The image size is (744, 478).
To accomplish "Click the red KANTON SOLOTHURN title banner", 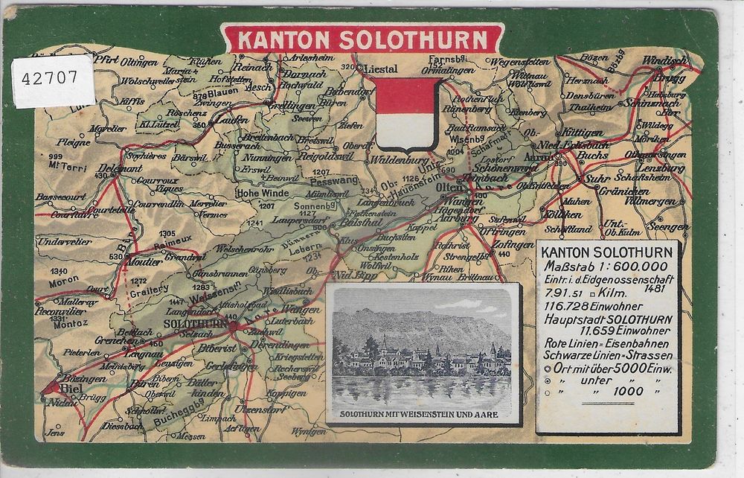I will coord(362,39).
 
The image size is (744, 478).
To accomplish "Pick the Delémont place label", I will coord(119,168).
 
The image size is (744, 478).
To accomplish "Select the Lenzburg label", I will coord(660,168).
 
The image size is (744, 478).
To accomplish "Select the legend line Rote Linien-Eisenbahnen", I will coord(607,343).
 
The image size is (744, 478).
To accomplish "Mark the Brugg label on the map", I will coord(664,76).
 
